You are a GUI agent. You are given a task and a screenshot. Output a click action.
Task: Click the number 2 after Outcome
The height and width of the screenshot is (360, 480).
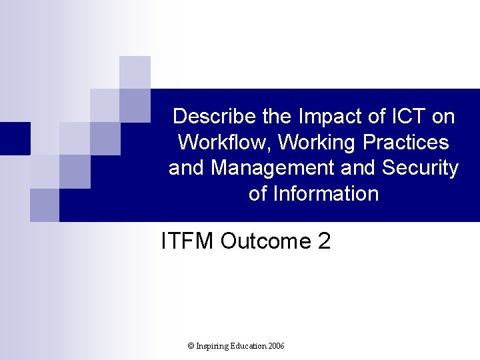point(325,241)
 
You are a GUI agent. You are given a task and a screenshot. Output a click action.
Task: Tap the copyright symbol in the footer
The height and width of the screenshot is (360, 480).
point(191,346)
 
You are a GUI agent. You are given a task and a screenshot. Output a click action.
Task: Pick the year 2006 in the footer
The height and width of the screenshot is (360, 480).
point(277,346)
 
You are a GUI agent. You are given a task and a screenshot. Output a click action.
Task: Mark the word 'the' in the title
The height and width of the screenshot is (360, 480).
point(277,117)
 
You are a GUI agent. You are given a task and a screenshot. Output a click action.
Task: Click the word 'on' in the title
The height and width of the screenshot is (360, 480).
point(443,117)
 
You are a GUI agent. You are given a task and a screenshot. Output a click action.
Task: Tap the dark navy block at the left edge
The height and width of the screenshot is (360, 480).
point(15,139)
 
